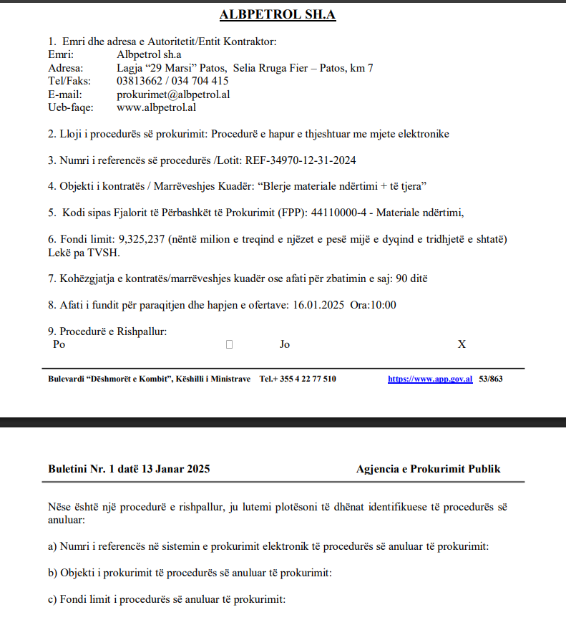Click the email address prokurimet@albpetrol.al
coord(172,95)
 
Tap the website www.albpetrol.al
coord(156,107)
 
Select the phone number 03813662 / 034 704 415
coord(172,81)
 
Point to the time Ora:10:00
coord(374,304)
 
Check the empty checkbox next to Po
coord(229,344)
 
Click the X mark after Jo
coord(462,344)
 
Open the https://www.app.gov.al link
coord(430,379)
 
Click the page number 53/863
coord(490,379)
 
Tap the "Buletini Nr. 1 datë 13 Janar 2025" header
coord(129,469)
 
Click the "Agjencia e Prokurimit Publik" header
coord(428,469)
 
